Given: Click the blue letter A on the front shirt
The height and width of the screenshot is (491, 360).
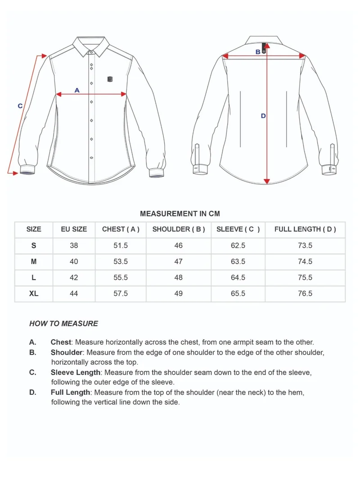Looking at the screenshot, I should click(77, 90).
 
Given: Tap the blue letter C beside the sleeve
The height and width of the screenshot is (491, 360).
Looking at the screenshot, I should click(20, 106).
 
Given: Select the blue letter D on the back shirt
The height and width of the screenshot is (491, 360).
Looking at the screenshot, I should click(263, 116).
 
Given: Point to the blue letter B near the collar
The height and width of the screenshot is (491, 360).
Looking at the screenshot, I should click(258, 52).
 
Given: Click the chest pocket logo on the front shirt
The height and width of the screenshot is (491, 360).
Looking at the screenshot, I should click(110, 79).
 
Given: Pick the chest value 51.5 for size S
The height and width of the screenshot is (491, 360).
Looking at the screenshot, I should click(121, 245).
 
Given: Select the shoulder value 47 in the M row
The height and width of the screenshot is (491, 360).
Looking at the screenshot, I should click(179, 261).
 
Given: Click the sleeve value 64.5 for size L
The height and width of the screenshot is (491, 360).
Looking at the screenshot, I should click(238, 278).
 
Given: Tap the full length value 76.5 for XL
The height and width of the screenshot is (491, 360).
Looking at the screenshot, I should click(305, 293).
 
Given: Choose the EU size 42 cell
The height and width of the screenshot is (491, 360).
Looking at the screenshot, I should click(74, 278).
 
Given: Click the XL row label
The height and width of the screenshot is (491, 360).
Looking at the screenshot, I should click(34, 293).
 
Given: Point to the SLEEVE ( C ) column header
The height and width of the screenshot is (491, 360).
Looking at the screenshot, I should click(238, 229).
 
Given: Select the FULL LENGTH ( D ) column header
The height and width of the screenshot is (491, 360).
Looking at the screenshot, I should click(305, 229).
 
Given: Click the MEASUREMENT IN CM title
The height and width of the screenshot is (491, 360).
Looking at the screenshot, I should click(180, 214).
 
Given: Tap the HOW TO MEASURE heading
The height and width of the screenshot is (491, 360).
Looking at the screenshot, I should click(63, 323).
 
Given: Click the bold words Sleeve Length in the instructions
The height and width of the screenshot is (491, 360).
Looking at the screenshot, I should click(76, 373).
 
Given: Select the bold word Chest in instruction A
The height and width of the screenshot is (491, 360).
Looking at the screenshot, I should click(61, 342).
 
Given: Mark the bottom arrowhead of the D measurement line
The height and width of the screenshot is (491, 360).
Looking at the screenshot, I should click(267, 181).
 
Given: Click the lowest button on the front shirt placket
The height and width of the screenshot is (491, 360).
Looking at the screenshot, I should click(92, 158).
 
